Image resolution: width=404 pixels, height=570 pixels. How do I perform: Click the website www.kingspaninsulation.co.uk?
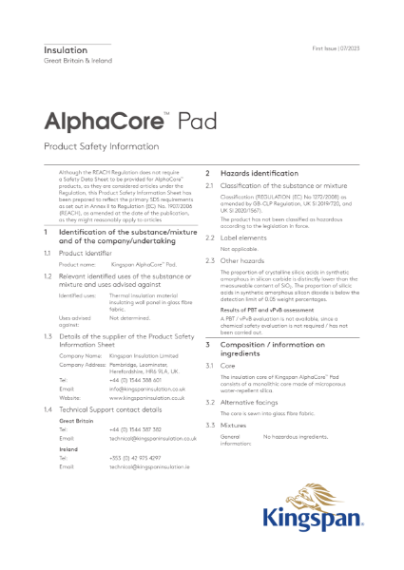[x=144, y=397]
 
